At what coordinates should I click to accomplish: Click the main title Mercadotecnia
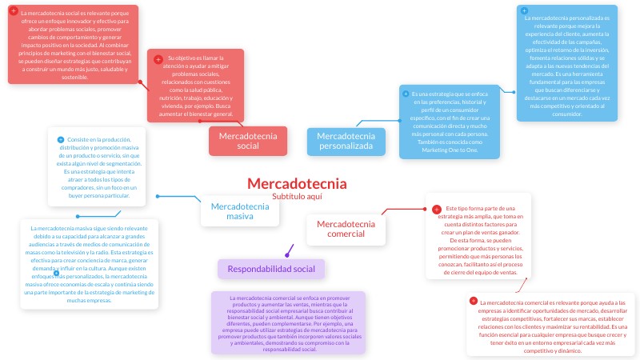(x=297, y=183)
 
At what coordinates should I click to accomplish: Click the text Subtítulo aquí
(x=297, y=196)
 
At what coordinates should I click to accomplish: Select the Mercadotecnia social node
(x=248, y=141)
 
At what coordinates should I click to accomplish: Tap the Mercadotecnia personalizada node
(x=346, y=141)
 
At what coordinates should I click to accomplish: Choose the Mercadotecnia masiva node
(x=239, y=211)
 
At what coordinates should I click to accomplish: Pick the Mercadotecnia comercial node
(x=346, y=229)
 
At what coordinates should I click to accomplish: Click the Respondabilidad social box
(x=271, y=269)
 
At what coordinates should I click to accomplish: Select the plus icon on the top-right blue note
(x=525, y=11)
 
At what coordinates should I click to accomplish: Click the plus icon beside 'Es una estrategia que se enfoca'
(x=405, y=94)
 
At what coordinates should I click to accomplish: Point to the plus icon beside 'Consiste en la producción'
(x=61, y=140)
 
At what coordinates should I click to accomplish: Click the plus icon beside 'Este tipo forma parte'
(x=436, y=209)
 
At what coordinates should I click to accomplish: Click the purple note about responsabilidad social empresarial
(x=289, y=323)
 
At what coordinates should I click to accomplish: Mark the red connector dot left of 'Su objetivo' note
(x=141, y=82)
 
